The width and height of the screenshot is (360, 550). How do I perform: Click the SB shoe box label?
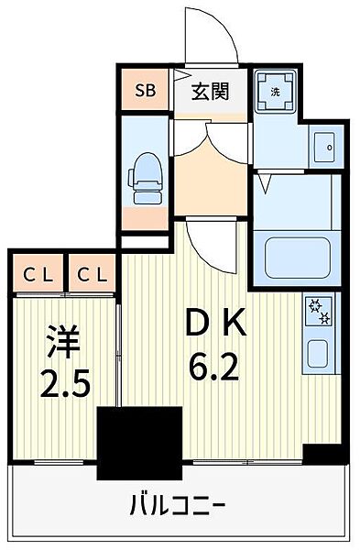point(146,91)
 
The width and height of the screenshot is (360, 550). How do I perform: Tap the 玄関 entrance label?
point(211,92)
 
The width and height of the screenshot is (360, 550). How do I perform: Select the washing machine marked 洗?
point(276,92)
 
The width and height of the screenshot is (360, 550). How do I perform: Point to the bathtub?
point(298,258)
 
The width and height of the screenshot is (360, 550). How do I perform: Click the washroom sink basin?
point(324,148)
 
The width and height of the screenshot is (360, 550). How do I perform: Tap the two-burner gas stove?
point(319,310)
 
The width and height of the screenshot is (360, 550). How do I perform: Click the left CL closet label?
point(38,275)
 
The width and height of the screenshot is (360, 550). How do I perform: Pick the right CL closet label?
point(93,275)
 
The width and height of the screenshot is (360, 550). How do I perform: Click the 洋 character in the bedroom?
point(64,342)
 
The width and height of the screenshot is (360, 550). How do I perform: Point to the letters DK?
point(216,323)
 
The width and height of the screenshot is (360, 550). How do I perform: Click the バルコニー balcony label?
point(177,505)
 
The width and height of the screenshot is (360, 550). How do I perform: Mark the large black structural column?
point(140,443)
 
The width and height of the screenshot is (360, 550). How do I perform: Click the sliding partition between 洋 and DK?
point(119,355)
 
